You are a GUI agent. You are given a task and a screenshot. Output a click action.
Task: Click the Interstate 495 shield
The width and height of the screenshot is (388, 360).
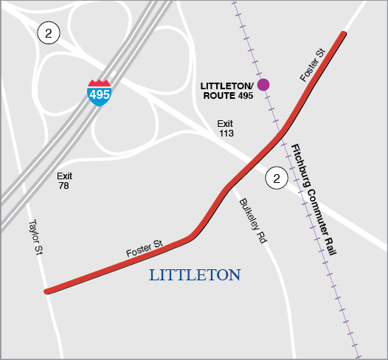[x=100, y=93]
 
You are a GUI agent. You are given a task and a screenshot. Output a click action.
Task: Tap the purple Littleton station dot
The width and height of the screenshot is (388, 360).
[x=263, y=84]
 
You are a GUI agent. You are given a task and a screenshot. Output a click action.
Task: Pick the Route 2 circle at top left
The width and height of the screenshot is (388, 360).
[x=49, y=32]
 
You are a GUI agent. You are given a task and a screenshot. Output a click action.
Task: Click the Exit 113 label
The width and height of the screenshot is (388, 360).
[x=226, y=128]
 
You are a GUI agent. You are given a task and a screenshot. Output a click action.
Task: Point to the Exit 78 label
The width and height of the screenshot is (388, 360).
[x=65, y=181]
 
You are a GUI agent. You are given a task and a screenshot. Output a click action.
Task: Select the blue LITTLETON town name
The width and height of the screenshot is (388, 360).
[x=195, y=275]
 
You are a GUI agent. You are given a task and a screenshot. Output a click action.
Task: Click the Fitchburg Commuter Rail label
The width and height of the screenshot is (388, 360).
[x=313, y=199]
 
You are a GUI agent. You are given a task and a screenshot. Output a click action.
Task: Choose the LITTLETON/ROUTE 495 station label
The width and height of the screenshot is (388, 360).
[x=227, y=91]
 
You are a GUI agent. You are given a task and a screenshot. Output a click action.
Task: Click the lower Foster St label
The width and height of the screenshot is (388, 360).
[x=144, y=249]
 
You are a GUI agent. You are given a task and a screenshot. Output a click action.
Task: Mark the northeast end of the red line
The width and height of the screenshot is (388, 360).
[x=344, y=34]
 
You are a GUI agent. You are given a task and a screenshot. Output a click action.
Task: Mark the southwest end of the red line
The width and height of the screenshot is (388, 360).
[x=46, y=291]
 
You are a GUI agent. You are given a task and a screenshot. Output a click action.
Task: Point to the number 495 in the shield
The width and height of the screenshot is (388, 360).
[x=100, y=94]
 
